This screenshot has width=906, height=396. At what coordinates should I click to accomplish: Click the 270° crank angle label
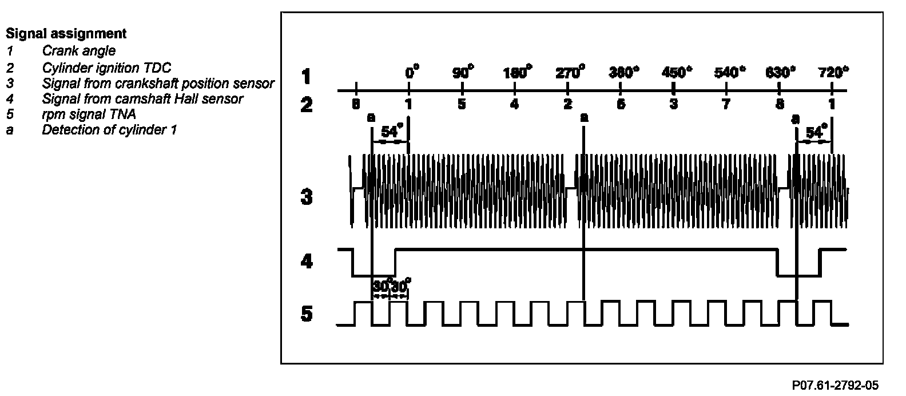point(570,73)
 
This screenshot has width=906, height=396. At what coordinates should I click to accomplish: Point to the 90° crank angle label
point(463,73)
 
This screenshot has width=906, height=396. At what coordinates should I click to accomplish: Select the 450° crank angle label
point(676,73)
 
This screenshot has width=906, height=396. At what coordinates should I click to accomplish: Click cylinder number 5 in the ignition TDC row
point(462,104)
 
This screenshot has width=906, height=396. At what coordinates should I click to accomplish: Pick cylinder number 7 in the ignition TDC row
point(726,104)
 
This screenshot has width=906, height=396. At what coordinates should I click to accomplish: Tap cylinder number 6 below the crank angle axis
point(621,104)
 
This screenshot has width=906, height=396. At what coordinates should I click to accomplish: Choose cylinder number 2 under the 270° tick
point(567,104)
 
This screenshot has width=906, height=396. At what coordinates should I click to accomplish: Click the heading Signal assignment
point(66,34)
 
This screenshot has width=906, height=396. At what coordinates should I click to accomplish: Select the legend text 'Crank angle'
point(78,52)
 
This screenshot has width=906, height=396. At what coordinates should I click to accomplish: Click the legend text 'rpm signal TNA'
point(89,114)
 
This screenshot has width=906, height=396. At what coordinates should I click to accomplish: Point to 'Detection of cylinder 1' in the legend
point(109,130)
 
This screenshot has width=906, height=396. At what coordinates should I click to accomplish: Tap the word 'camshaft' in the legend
point(131,98)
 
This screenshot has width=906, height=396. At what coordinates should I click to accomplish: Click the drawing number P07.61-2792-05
point(835,385)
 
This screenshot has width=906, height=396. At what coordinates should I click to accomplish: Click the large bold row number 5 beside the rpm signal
point(307,314)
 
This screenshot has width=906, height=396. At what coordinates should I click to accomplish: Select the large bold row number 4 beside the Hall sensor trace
point(307,262)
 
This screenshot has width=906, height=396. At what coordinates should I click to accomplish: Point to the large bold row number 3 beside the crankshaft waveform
point(307,198)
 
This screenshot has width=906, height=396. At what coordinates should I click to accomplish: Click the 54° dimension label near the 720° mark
point(816,133)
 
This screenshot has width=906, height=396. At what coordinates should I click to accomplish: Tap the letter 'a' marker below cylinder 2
point(584,118)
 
